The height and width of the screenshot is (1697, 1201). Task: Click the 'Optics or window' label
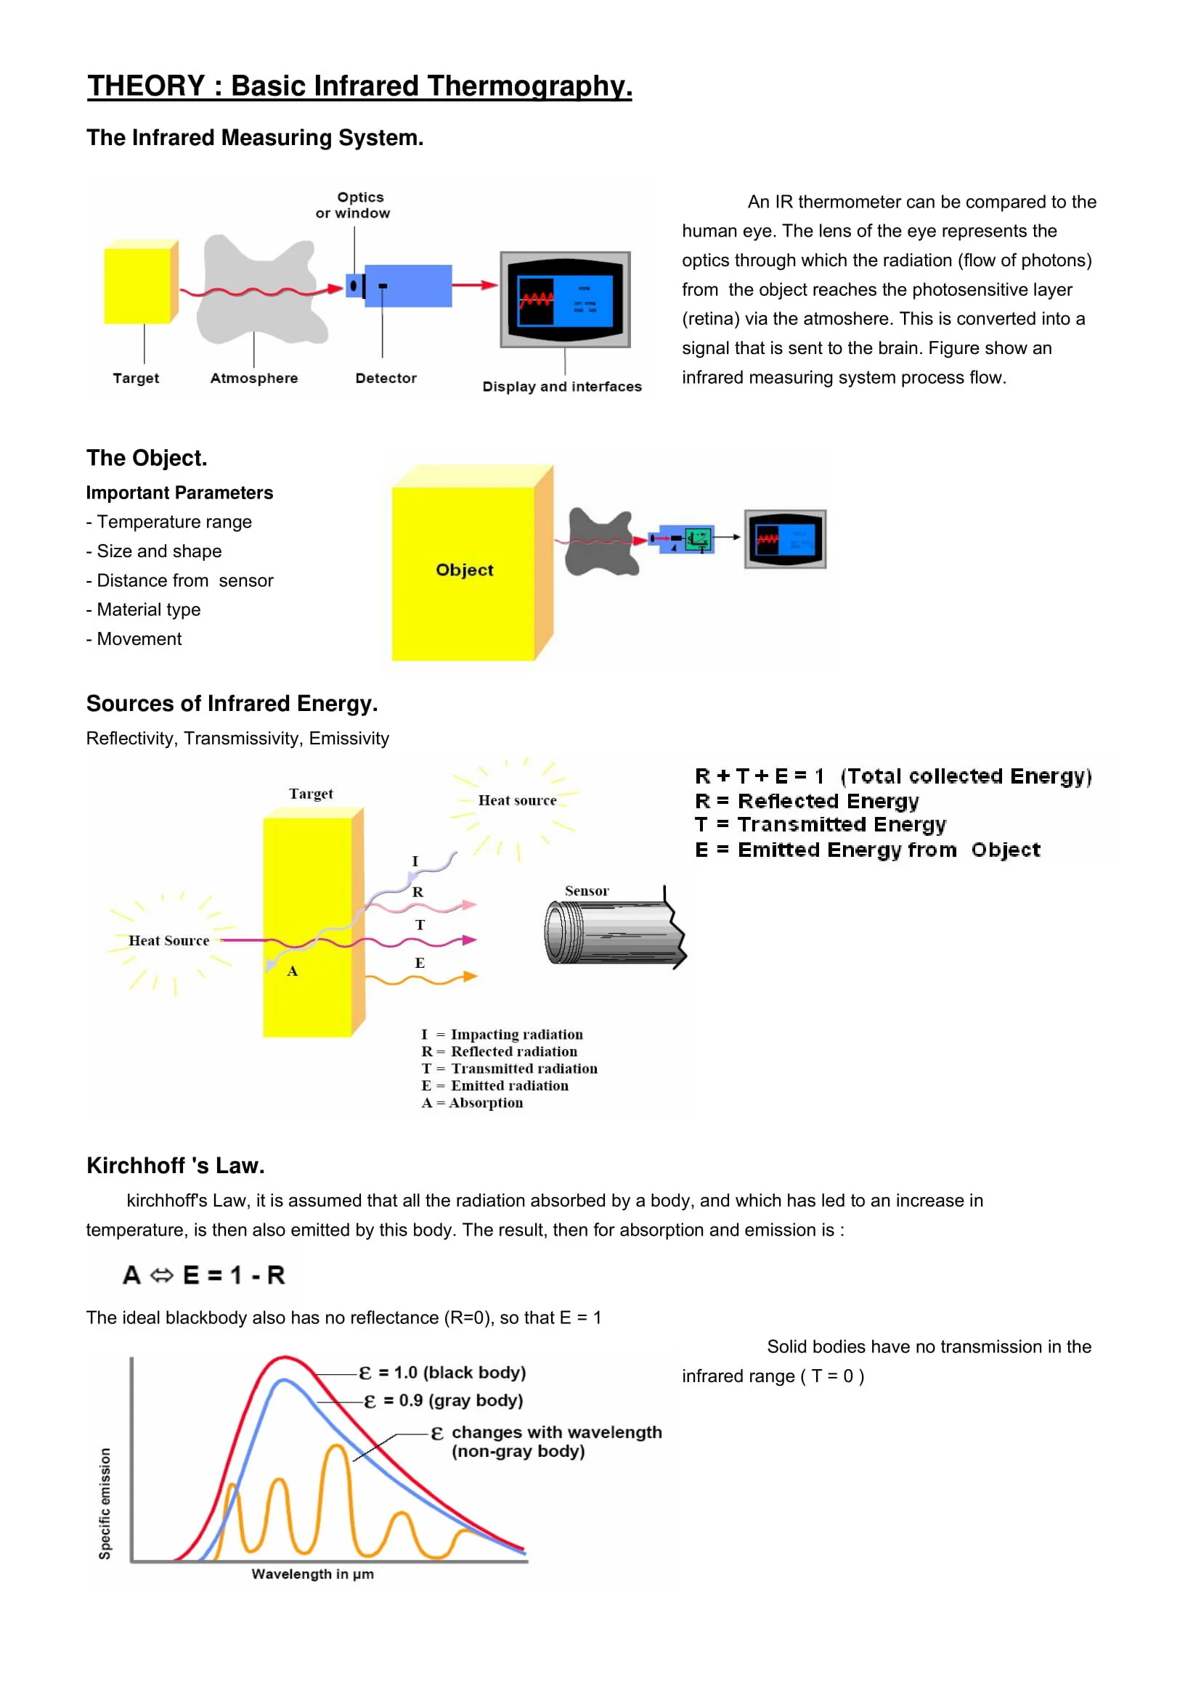pos(353,205)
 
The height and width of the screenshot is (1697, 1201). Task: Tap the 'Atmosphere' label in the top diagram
pos(253,378)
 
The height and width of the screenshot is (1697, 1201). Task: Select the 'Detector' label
pos(386,378)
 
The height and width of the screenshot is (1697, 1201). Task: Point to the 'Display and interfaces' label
pos(561,387)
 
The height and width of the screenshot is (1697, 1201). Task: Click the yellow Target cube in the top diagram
pos(139,284)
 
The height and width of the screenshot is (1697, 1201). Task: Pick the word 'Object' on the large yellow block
pos(464,570)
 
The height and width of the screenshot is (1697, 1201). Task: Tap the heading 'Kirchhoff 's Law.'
pos(175,1166)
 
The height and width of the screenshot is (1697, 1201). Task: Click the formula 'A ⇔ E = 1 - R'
pos(204,1275)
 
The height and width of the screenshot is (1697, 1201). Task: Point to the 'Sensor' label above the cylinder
pos(587,891)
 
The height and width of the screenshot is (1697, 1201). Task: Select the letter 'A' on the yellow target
pos(292,971)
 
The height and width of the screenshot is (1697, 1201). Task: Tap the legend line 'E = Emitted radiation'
pos(494,1086)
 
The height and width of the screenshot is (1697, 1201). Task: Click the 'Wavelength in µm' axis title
pos(312,1574)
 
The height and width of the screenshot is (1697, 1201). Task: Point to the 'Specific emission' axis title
pos(105,1503)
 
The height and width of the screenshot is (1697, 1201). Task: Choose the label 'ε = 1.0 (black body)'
pos(442,1373)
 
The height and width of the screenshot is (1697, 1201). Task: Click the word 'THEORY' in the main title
pos(146,86)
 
